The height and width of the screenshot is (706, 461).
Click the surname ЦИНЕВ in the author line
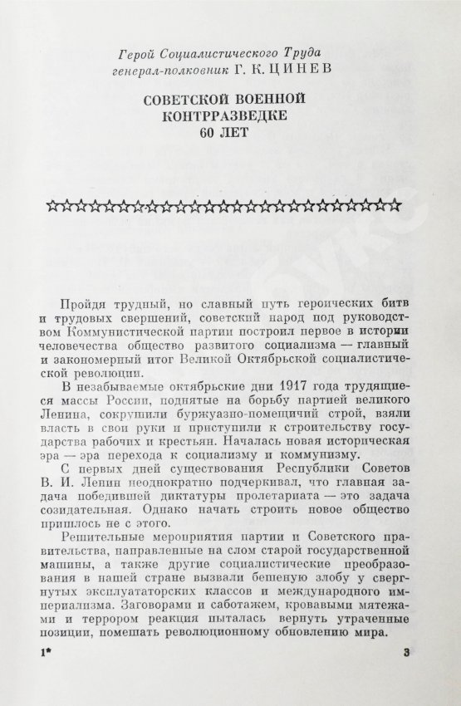[292, 71]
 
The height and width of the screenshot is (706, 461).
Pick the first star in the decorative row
[56, 205]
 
